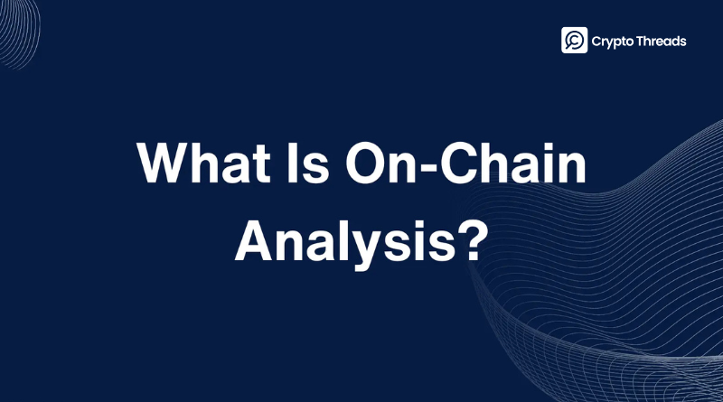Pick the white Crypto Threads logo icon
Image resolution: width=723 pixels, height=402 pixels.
click(574, 40)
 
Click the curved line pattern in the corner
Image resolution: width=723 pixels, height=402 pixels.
click(18, 33)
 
